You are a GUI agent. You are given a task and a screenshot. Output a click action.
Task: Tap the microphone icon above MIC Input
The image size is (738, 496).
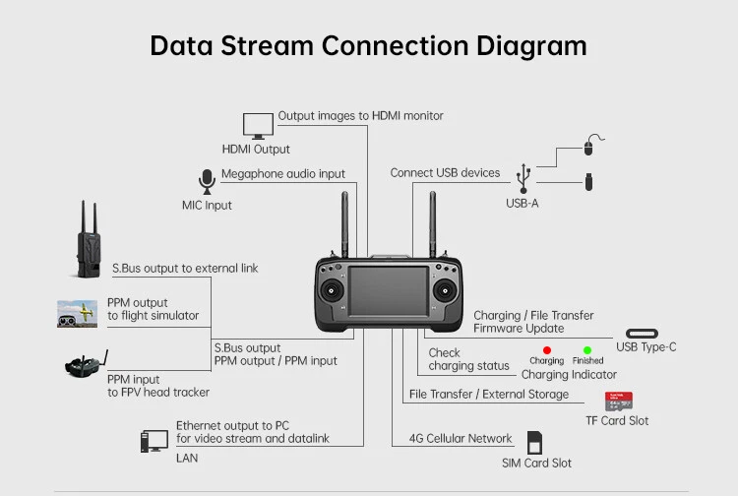pos(207,182)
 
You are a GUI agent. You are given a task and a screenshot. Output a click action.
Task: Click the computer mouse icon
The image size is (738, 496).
pos(587,147)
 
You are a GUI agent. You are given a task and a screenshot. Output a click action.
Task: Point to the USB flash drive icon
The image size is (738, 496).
pos(587,182)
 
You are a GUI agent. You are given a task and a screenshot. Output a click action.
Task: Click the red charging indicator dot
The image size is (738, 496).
pos(547,349)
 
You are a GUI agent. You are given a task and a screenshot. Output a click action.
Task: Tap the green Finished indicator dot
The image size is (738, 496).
pos(587,349)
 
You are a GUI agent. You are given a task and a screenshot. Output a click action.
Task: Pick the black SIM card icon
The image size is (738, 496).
pos(535,443)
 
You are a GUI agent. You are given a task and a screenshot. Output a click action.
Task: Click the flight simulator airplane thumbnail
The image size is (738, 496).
pos(77,313)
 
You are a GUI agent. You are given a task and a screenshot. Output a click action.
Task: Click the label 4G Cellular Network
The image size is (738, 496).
pos(461,439)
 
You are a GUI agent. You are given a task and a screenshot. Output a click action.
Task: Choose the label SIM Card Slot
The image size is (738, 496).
pos(536,463)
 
